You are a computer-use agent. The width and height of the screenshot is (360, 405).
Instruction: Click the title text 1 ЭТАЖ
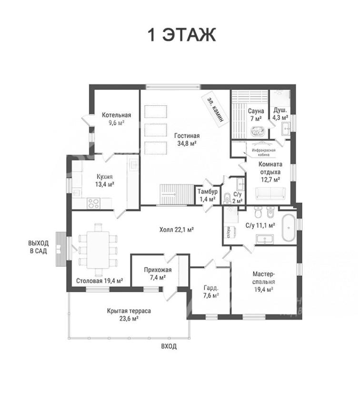coord(181,35)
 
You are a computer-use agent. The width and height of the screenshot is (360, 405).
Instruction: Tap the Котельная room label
coord(116,115)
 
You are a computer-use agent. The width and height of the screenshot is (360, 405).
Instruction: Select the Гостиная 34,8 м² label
coord(187,140)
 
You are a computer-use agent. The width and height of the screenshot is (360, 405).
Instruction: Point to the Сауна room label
coord(256,111)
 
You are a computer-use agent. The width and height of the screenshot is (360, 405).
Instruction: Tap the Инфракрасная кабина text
coord(263,152)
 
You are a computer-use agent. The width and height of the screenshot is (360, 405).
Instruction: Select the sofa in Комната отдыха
coord(270,193)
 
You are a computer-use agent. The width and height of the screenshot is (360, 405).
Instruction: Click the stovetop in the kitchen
coord(93,203)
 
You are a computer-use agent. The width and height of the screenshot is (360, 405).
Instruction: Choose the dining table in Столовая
coord(98,250)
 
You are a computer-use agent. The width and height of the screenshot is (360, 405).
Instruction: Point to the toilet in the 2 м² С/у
coord(227,198)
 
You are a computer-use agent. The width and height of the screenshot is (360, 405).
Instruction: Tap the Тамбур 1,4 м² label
coord(208,195)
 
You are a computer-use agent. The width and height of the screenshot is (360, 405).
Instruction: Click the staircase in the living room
coord(177,194)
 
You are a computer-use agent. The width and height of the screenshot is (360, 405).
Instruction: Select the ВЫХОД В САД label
coord(39,247)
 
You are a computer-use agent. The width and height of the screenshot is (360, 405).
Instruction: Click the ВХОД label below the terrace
coord(169,346)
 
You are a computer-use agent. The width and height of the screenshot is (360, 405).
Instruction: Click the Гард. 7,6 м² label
coord(211,292)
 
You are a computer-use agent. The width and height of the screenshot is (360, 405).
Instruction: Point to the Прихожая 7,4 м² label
coord(158,273)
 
